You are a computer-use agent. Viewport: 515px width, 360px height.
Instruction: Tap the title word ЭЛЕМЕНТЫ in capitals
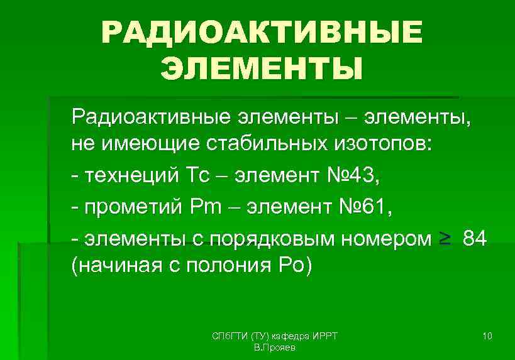(x=262, y=68)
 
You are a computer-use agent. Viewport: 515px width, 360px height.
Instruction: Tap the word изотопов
(x=384, y=145)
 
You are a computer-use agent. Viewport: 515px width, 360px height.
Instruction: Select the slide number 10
(x=487, y=337)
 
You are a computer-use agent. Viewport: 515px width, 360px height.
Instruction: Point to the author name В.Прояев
(x=274, y=347)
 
